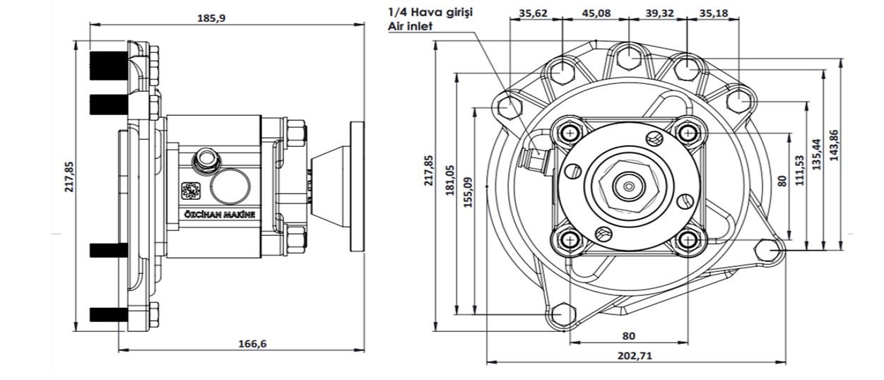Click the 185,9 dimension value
pos(211,18)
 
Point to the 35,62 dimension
pos(534,13)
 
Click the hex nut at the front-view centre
pos(627,186)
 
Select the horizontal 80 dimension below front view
pos(627,336)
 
